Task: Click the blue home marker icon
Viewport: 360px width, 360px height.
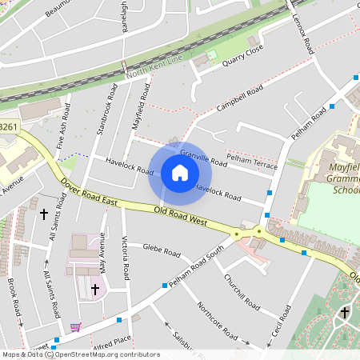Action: click(180, 174)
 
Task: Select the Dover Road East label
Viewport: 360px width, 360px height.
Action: click(89, 194)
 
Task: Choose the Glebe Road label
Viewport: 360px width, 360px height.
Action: click(162, 251)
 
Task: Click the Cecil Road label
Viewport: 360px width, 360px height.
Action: click(280, 317)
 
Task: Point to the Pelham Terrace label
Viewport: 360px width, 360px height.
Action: click(252, 164)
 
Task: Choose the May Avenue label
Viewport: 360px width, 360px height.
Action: click(102, 250)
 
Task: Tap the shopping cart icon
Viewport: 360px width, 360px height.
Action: click(76, 326)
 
